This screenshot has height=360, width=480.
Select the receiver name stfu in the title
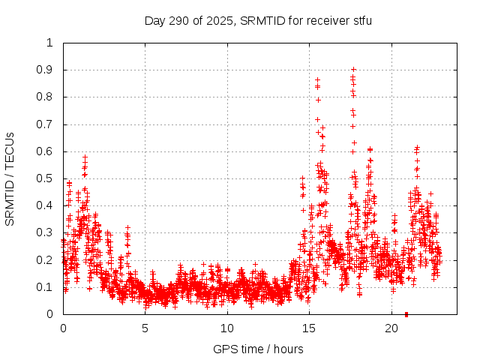tap(360, 20)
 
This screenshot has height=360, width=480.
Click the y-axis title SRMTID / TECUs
tap(10, 179)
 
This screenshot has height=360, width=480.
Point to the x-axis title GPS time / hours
tap(258, 349)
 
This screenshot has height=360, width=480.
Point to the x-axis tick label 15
tap(309, 328)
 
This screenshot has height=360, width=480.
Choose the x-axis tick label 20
tap(391, 328)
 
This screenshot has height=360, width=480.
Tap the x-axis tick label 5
tap(145, 328)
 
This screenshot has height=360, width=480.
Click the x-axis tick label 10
tap(227, 328)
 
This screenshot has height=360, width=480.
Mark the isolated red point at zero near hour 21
tap(406, 313)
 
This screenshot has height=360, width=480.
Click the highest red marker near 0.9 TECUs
tap(353, 70)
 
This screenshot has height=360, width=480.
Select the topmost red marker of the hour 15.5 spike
tap(317, 79)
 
